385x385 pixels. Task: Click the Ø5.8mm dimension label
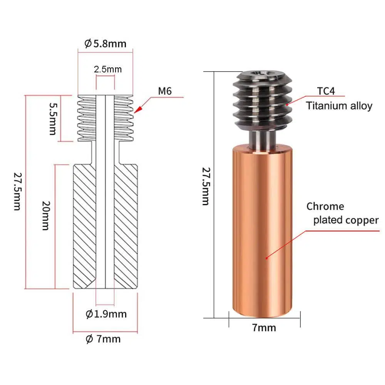[105, 44]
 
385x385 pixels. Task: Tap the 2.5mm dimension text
[108, 69]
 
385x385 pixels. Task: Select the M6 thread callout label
[165, 91]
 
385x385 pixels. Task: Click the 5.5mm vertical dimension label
[53, 119]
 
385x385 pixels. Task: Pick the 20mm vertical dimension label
[46, 216]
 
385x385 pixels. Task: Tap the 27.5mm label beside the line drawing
[17, 191]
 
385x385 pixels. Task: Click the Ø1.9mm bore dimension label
[106, 314]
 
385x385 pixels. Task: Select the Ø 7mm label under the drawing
[103, 339]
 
